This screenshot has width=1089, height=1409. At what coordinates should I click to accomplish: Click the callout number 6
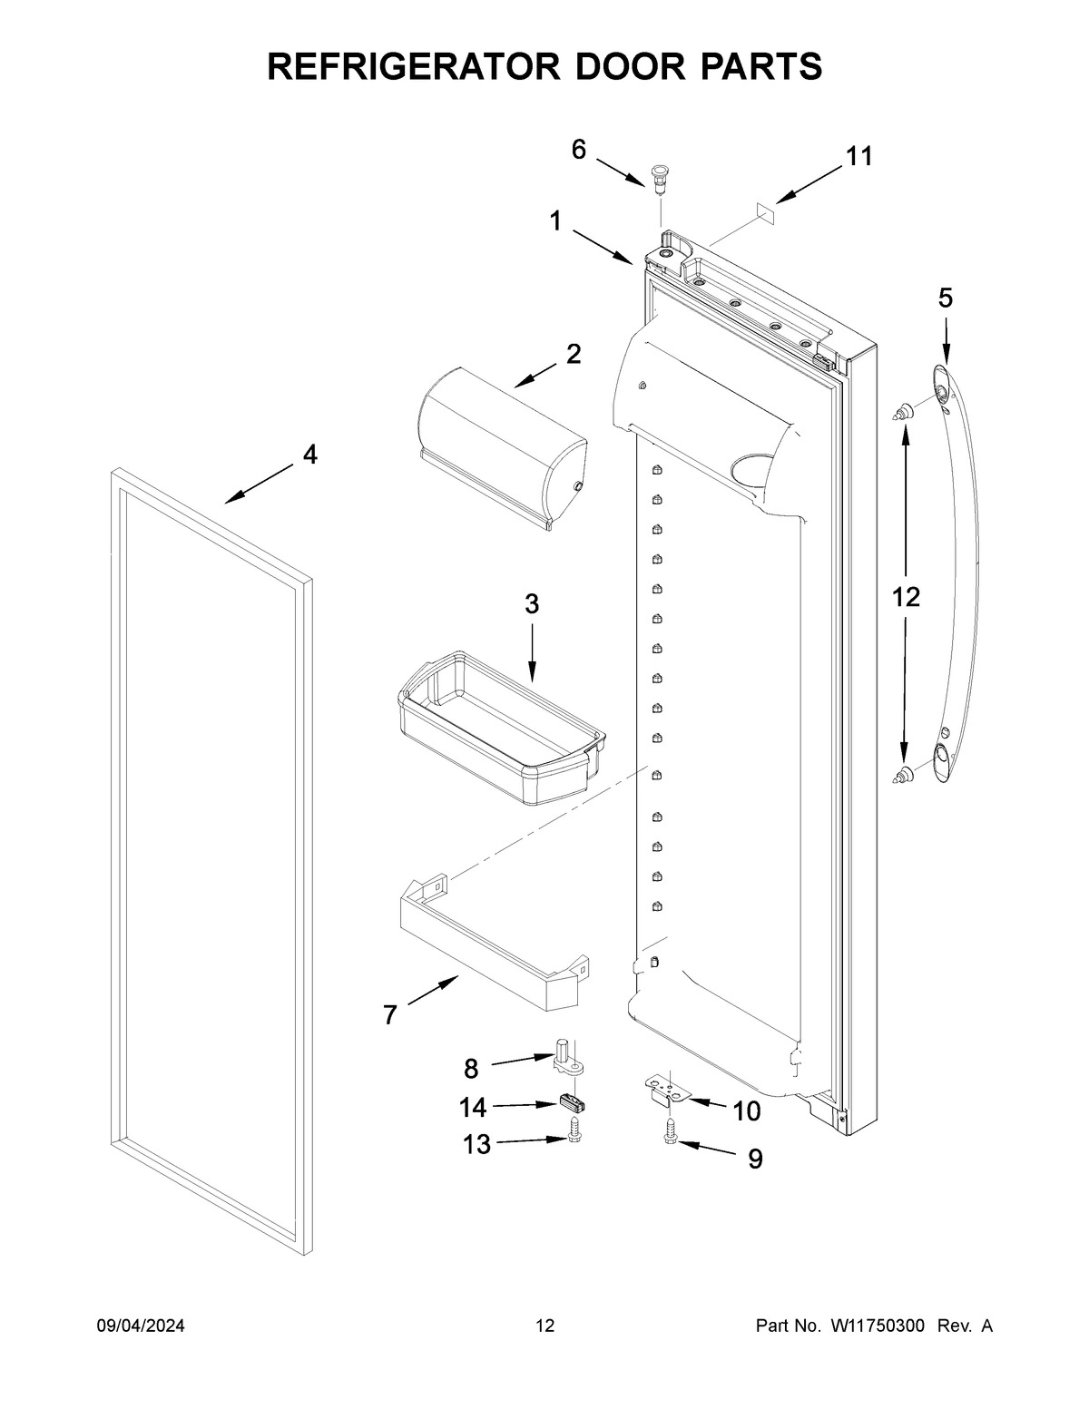click(579, 150)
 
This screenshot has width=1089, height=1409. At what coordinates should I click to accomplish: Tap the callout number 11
click(858, 157)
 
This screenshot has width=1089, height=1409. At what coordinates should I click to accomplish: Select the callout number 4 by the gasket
click(310, 455)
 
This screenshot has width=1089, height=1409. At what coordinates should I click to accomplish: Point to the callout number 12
click(906, 596)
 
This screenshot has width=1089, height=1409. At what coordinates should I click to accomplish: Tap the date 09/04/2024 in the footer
click(141, 1326)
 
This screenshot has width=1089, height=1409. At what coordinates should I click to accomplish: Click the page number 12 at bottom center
click(544, 1326)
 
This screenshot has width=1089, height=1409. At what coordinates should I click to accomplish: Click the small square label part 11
click(764, 210)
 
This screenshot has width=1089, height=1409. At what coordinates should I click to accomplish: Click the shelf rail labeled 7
click(490, 948)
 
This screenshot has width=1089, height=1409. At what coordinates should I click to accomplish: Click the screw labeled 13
click(574, 1131)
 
